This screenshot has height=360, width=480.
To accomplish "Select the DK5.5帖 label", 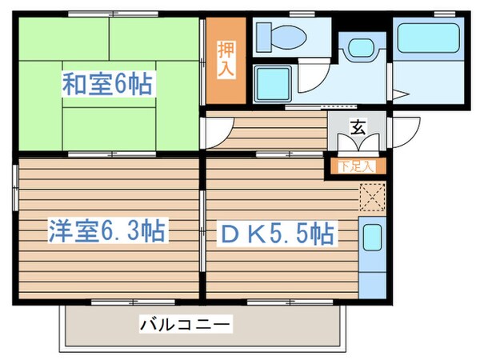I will pos(278,234).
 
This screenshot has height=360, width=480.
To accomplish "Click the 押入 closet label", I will pos(226,58).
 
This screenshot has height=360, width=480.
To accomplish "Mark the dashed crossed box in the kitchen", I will pos(372,195).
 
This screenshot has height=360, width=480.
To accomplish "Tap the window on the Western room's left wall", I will pos(14,188).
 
